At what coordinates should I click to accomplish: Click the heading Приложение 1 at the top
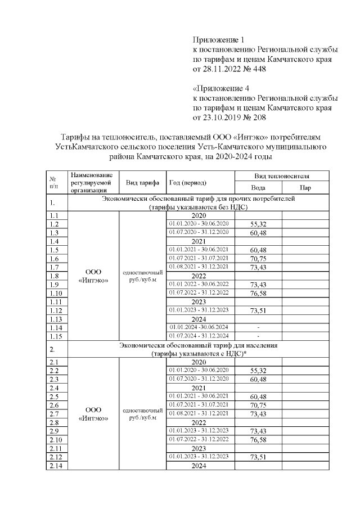click(x=219, y=40)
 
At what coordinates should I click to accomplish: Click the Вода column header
click(x=258, y=188)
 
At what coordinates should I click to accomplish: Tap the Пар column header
click(x=305, y=188)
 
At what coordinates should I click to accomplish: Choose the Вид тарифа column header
click(x=142, y=182)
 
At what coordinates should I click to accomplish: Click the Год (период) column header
click(x=188, y=182)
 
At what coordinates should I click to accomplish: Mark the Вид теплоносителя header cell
click(x=281, y=176)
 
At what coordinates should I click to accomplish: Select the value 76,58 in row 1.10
click(x=258, y=294)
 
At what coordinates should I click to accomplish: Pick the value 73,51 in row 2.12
click(x=258, y=458)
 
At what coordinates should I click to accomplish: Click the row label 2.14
click(x=55, y=466)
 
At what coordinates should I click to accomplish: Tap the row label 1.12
click(x=55, y=310)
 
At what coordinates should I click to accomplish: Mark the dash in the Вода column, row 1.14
click(x=258, y=327)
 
